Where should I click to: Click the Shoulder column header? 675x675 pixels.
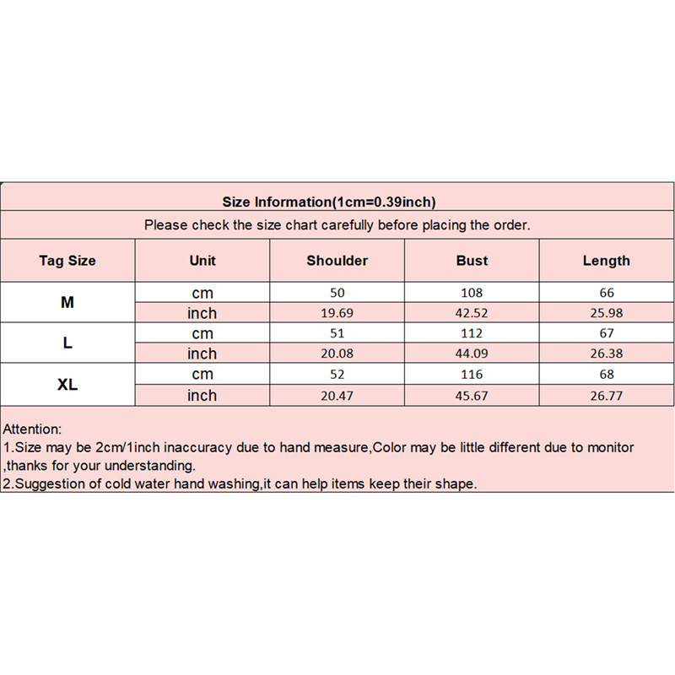pyautogui.click(x=337, y=261)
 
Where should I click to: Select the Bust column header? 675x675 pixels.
pyautogui.click(x=472, y=261)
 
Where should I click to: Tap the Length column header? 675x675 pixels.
pyautogui.click(x=606, y=261)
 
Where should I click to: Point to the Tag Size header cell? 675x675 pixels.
pyautogui.click(x=67, y=261)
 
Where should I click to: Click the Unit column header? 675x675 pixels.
pyautogui.click(x=202, y=261)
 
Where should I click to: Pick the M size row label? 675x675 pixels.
pyautogui.click(x=67, y=302)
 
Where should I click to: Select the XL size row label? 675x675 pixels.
pyautogui.click(x=67, y=385)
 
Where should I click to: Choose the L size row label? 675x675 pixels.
pyautogui.click(x=67, y=343)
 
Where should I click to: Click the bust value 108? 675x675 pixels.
pyautogui.click(x=472, y=293)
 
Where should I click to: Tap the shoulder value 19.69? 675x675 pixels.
pyautogui.click(x=337, y=313)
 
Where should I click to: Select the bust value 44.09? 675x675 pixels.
pyautogui.click(x=472, y=354)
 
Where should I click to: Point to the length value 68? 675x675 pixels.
pyautogui.click(x=606, y=375)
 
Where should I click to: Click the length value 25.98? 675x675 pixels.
pyautogui.click(x=606, y=313)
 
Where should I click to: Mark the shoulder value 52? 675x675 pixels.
pyautogui.click(x=337, y=375)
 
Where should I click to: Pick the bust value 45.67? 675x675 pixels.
pyautogui.click(x=472, y=396)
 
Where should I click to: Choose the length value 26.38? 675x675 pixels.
pyautogui.click(x=606, y=354)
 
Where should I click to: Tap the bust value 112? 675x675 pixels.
pyautogui.click(x=472, y=334)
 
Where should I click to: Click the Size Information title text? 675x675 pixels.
pyautogui.click(x=329, y=202)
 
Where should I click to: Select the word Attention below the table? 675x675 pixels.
pyautogui.click(x=33, y=429)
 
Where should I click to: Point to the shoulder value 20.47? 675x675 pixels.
pyautogui.click(x=337, y=396)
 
